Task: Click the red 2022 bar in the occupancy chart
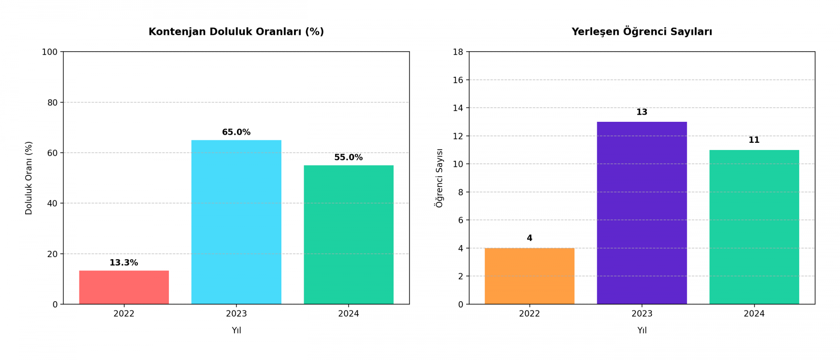pyautogui.click(x=124, y=287)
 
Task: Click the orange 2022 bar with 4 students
pyautogui.click(x=529, y=276)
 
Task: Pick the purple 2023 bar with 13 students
pyautogui.click(x=642, y=213)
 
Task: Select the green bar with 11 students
pyautogui.click(x=754, y=227)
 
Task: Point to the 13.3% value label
pyautogui.click(x=124, y=263)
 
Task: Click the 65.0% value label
pyautogui.click(x=236, y=132)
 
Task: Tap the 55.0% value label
pyautogui.click(x=349, y=158)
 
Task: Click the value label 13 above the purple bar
pyautogui.click(x=642, y=112)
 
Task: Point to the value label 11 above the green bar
pyautogui.click(x=754, y=140)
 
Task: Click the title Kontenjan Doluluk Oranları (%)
pyautogui.click(x=236, y=32)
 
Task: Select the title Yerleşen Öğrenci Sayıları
pyautogui.click(x=642, y=32)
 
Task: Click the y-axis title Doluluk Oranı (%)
pyautogui.click(x=29, y=178)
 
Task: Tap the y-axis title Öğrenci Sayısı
pyautogui.click(x=439, y=178)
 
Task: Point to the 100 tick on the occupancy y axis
pyautogui.click(x=50, y=52)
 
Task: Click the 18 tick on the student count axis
pyautogui.click(x=458, y=52)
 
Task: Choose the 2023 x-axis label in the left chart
pyautogui.click(x=236, y=314)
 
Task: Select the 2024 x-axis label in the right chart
pyautogui.click(x=754, y=314)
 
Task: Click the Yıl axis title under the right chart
pyautogui.click(x=642, y=331)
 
